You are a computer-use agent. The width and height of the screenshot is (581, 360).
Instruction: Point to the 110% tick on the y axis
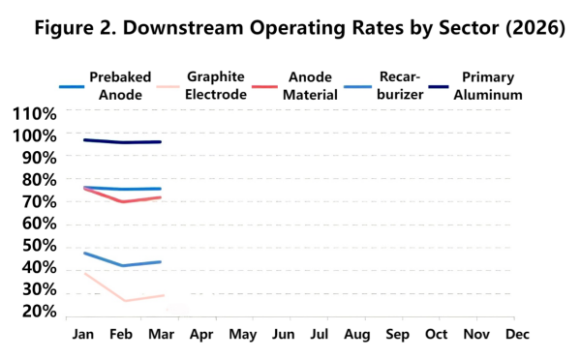pos(35,113)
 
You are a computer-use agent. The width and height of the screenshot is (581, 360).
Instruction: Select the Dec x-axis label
pos(516,334)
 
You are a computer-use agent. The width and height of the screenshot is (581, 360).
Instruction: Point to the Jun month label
pos(282,334)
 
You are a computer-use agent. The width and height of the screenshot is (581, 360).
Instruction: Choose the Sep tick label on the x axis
pos(398,334)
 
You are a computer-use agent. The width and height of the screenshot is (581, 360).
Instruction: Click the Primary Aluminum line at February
pos(123,142)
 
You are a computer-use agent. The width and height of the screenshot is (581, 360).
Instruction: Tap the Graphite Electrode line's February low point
pos(123,301)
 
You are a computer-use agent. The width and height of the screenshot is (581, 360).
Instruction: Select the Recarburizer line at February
pos(123,265)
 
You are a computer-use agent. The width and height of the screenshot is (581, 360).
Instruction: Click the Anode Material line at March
pos(161,197)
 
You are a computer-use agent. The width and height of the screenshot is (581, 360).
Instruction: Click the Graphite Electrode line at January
pos(85,273)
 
